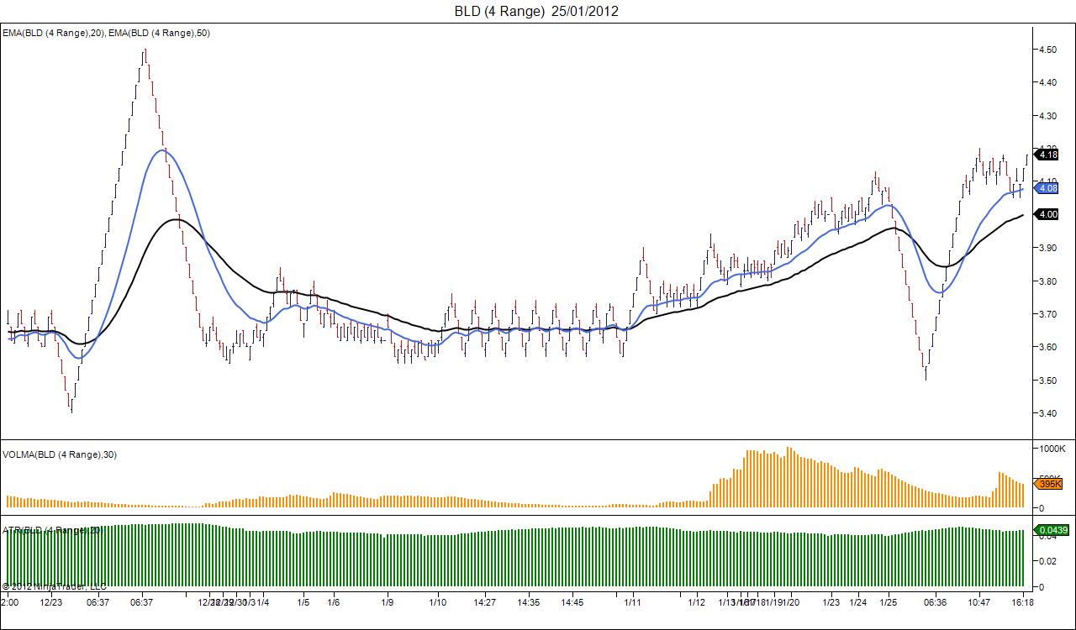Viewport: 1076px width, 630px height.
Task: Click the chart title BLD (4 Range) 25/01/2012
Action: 537,11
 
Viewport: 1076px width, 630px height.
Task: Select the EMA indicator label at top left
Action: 107,33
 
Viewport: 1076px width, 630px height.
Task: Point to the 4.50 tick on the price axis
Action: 1047,50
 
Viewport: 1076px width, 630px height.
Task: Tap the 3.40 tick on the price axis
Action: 1047,413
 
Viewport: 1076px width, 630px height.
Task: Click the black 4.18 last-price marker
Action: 1047,155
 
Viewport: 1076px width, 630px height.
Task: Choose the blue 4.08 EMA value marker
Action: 1047,188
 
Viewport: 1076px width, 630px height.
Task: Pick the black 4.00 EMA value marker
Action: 1047,215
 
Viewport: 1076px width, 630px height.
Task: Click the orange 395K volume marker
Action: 1050,484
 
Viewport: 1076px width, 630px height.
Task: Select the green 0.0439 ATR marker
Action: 1052,530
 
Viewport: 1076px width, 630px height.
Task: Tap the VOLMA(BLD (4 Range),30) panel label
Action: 60,454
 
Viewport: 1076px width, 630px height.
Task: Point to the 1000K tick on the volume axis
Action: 1052,449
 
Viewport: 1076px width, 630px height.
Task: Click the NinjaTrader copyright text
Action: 54,585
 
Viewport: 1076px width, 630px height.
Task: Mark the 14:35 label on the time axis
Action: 529,602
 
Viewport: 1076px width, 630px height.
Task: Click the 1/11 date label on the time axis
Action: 633,602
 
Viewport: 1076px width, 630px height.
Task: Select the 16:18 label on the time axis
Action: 1022,602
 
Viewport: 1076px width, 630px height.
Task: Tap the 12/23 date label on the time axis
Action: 51,602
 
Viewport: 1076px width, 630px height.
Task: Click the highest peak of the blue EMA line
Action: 161,150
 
